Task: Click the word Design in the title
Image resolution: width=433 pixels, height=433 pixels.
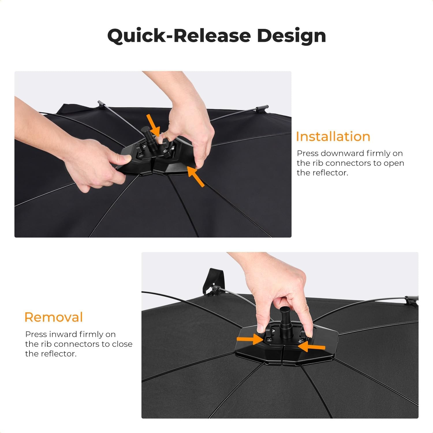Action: [292, 36]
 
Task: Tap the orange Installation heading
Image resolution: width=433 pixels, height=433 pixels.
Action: [333, 137]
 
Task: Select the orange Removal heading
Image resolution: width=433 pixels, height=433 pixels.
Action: [54, 317]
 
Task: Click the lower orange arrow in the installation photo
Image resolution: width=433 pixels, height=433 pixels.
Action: [196, 176]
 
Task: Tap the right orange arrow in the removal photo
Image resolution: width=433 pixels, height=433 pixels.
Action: [312, 347]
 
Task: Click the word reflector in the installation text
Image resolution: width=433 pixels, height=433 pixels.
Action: [331, 173]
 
